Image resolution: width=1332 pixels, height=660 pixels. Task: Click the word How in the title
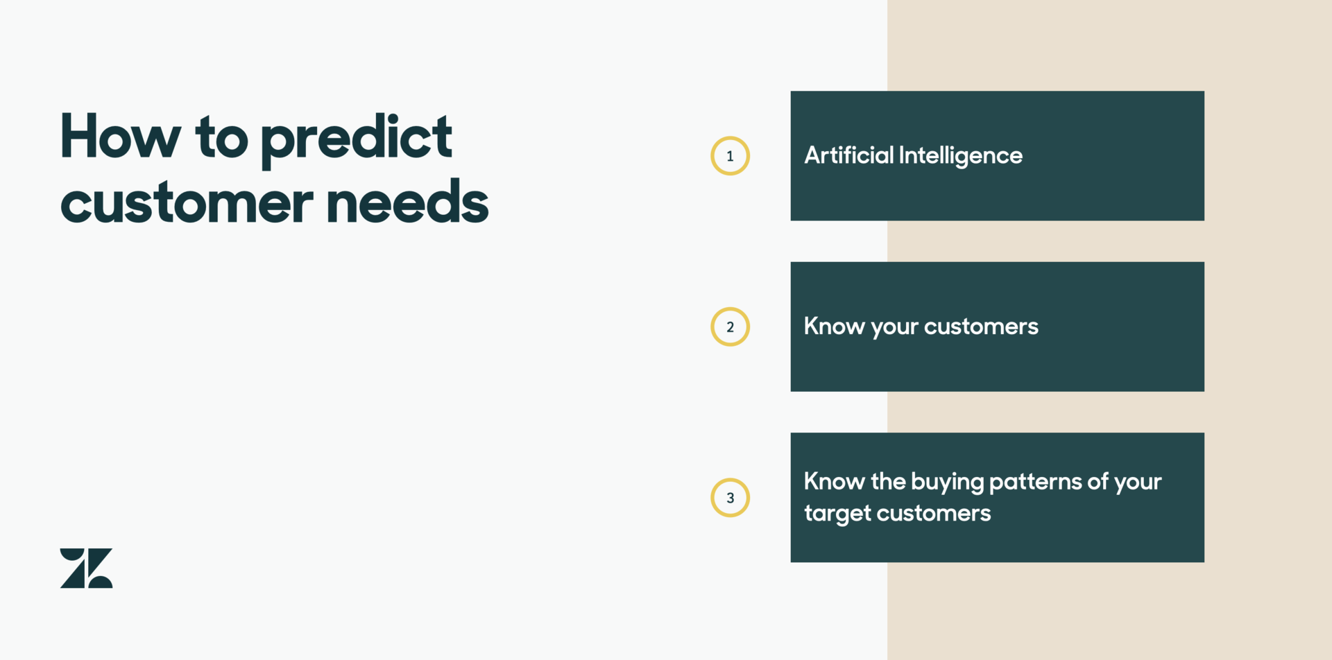pos(120,137)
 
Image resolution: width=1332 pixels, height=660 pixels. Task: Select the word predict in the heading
pos(356,139)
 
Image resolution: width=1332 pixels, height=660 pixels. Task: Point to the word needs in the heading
pos(407,202)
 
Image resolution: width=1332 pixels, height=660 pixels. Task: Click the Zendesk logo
pos(86,568)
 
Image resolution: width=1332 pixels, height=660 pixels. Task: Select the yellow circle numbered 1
pos(730,156)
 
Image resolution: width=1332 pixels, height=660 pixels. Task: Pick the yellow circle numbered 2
pos(730,327)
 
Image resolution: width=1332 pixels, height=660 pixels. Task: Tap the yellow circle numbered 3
pos(730,498)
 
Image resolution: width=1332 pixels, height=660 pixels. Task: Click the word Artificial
pos(848,155)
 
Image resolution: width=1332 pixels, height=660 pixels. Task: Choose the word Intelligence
pos(961,156)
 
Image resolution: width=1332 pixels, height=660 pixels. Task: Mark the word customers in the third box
pos(934,514)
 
